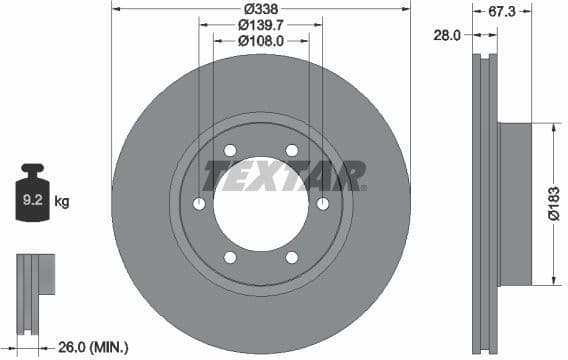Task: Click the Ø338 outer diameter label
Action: [x=260, y=7]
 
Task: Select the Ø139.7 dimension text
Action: [x=260, y=24]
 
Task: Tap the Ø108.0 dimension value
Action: [x=260, y=41]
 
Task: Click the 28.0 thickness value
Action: [x=446, y=34]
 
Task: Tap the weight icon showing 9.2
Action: [x=32, y=198]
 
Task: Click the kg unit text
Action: [x=62, y=202]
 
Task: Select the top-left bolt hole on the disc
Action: [x=230, y=151]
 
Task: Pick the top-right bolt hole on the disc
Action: [x=292, y=151]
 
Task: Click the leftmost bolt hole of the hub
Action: [x=199, y=204]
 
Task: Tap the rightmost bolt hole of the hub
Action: [x=323, y=204]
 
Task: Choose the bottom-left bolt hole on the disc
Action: [x=230, y=258]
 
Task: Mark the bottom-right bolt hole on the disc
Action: [x=292, y=258]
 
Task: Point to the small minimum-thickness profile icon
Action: [x=32, y=284]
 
